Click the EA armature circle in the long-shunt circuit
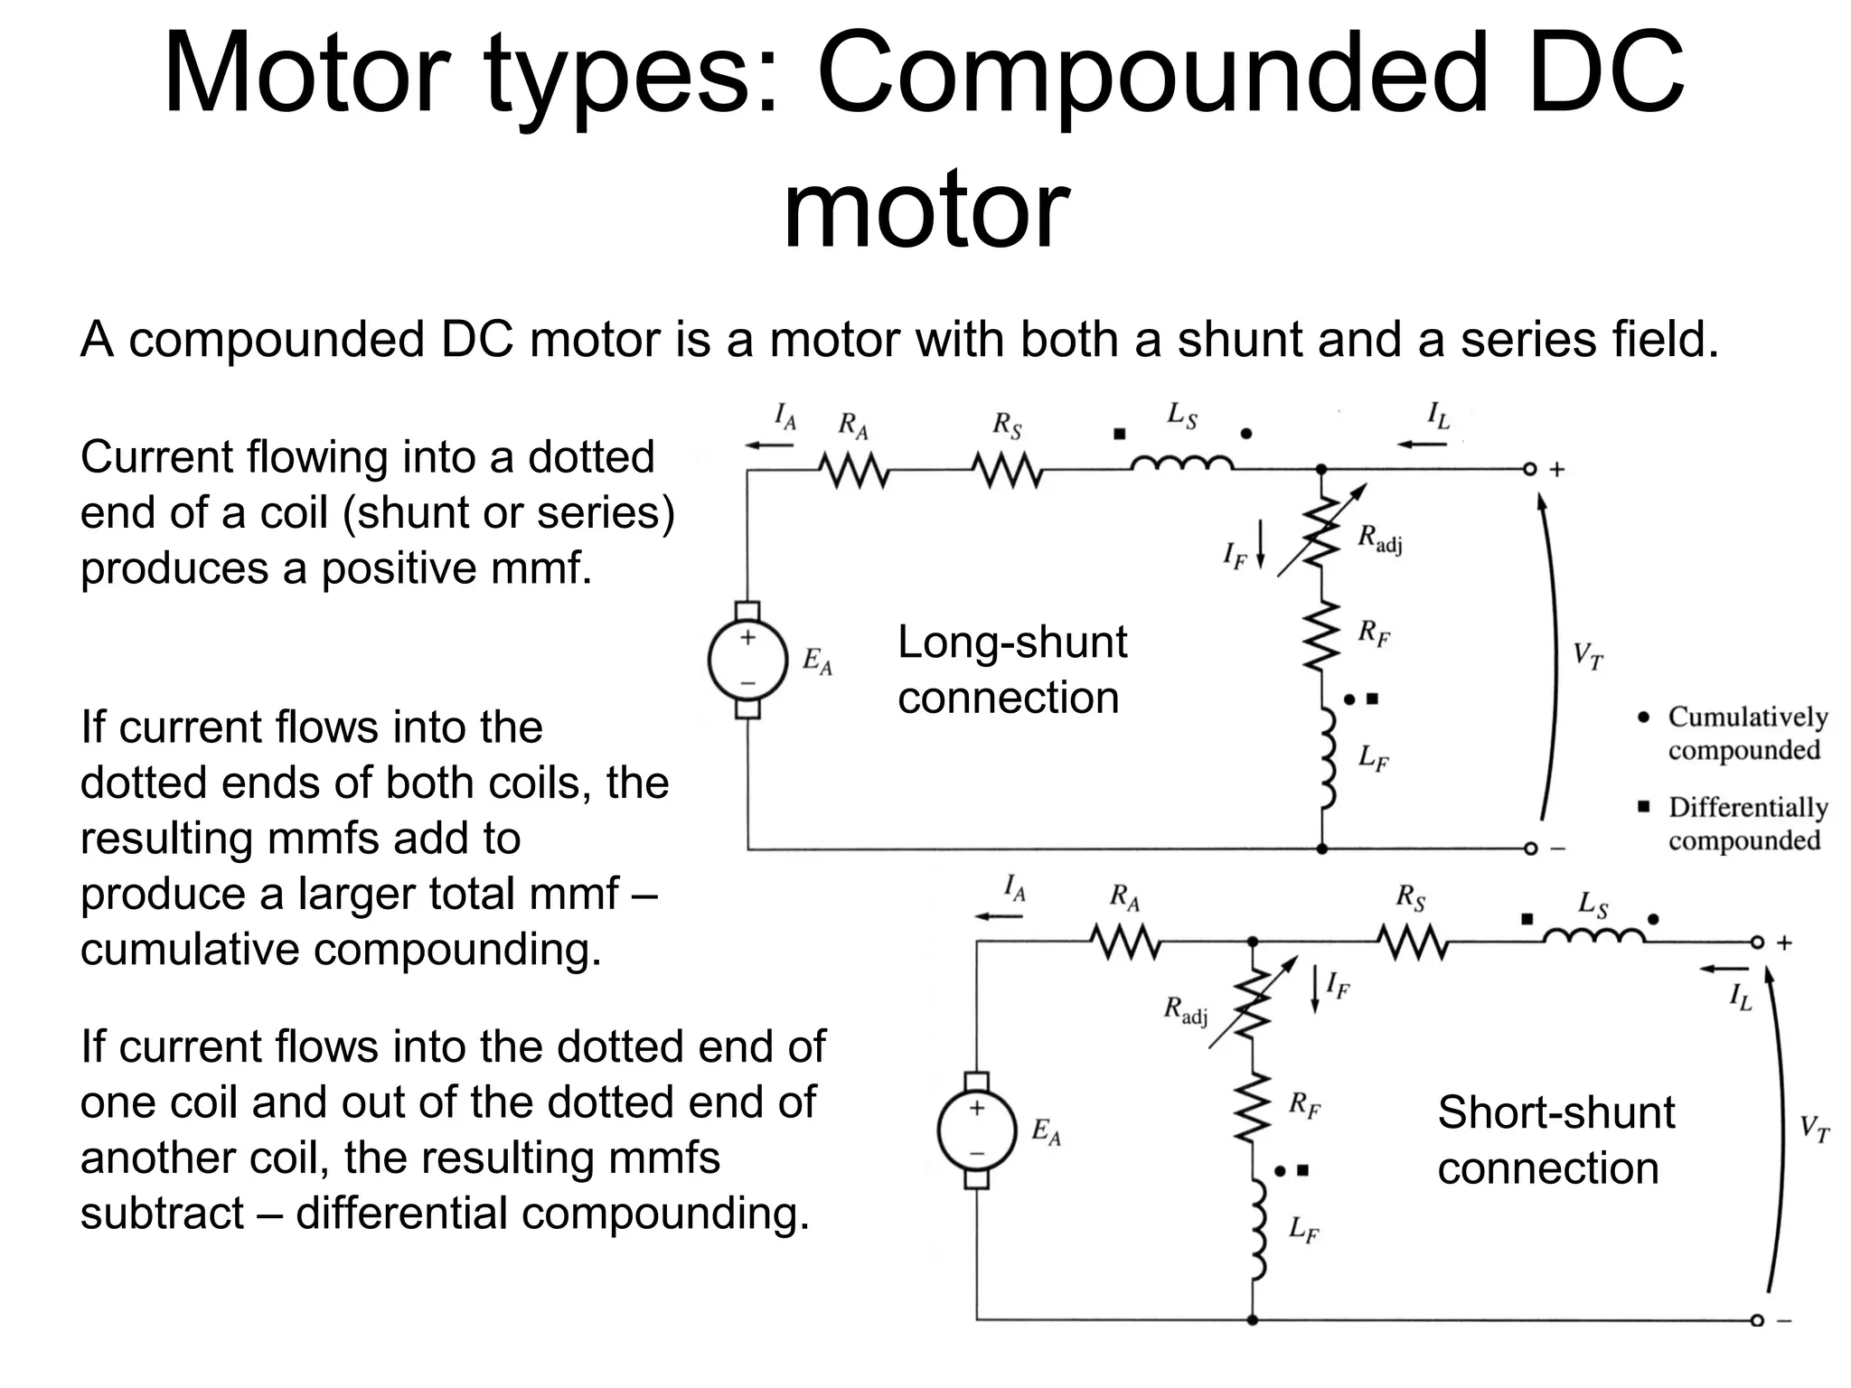(747, 661)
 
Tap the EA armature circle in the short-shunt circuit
(976, 1130)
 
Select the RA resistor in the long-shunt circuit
(854, 470)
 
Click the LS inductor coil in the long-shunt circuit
(1181, 464)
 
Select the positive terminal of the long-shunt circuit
(1529, 470)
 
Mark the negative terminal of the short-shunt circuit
(1756, 1320)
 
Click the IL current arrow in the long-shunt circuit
(1423, 445)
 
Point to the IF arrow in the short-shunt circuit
(1314, 989)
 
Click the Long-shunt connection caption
(1011, 670)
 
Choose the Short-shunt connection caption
(1555, 1140)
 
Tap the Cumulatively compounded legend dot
(1644, 717)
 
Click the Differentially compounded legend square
(1644, 806)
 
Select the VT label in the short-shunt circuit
(1814, 1130)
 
